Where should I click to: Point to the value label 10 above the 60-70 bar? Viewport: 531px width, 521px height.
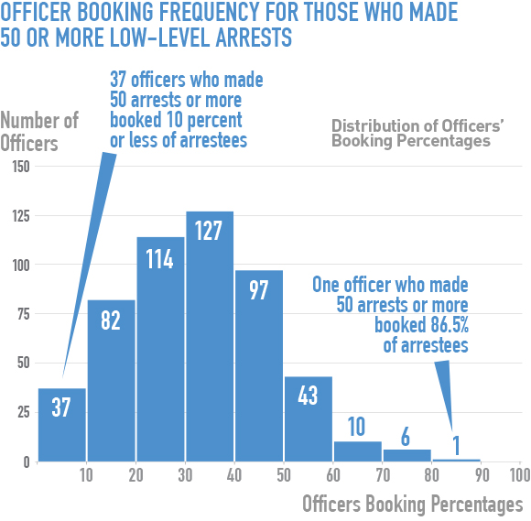click(x=358, y=426)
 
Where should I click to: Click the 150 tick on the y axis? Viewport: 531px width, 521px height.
click(x=18, y=167)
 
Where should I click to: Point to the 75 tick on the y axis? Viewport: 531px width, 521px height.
click(x=21, y=314)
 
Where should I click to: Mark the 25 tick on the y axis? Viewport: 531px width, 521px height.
click(x=21, y=413)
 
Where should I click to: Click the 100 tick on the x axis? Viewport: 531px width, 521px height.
click(x=519, y=476)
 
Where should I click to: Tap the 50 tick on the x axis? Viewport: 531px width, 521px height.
click(x=284, y=476)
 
